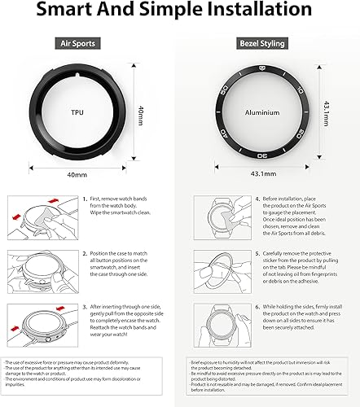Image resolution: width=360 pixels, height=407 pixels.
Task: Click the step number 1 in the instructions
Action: pos(84,221)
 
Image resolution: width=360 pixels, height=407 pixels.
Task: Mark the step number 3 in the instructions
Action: pos(84,306)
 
